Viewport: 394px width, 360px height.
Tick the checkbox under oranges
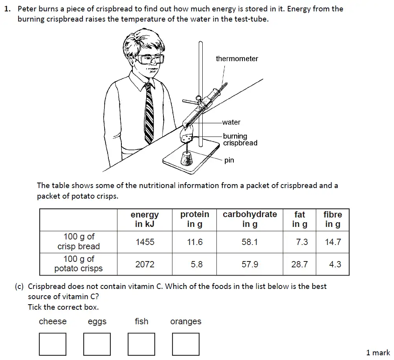[186, 344]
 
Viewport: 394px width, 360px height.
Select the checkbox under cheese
[53, 344]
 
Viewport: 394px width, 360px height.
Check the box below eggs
[97, 344]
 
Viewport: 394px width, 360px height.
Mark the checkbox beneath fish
[141, 344]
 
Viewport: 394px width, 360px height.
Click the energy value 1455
[145, 242]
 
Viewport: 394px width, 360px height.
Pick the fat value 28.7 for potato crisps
[299, 265]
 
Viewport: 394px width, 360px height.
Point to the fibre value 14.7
[333, 242]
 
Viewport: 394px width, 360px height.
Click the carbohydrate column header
[249, 219]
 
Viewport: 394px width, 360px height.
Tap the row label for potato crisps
[79, 264]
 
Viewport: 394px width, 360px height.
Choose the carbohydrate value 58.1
[250, 242]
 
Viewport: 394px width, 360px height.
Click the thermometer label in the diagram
[237, 59]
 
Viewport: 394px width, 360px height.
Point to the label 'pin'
[229, 160]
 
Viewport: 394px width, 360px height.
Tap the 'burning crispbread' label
[240, 140]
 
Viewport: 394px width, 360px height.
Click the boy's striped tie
[149, 114]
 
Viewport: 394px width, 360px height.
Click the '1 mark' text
[378, 353]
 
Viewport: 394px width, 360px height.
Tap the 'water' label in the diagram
[231, 122]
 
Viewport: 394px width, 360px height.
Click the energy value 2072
[145, 265]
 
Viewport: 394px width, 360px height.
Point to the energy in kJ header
[145, 219]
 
